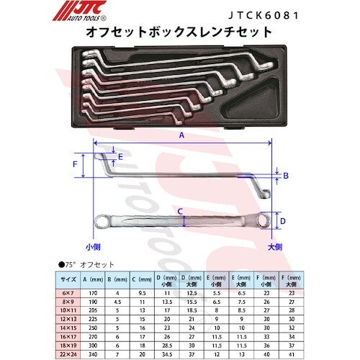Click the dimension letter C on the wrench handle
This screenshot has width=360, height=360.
(x=181, y=211)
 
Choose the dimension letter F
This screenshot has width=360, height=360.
(x=74, y=164)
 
